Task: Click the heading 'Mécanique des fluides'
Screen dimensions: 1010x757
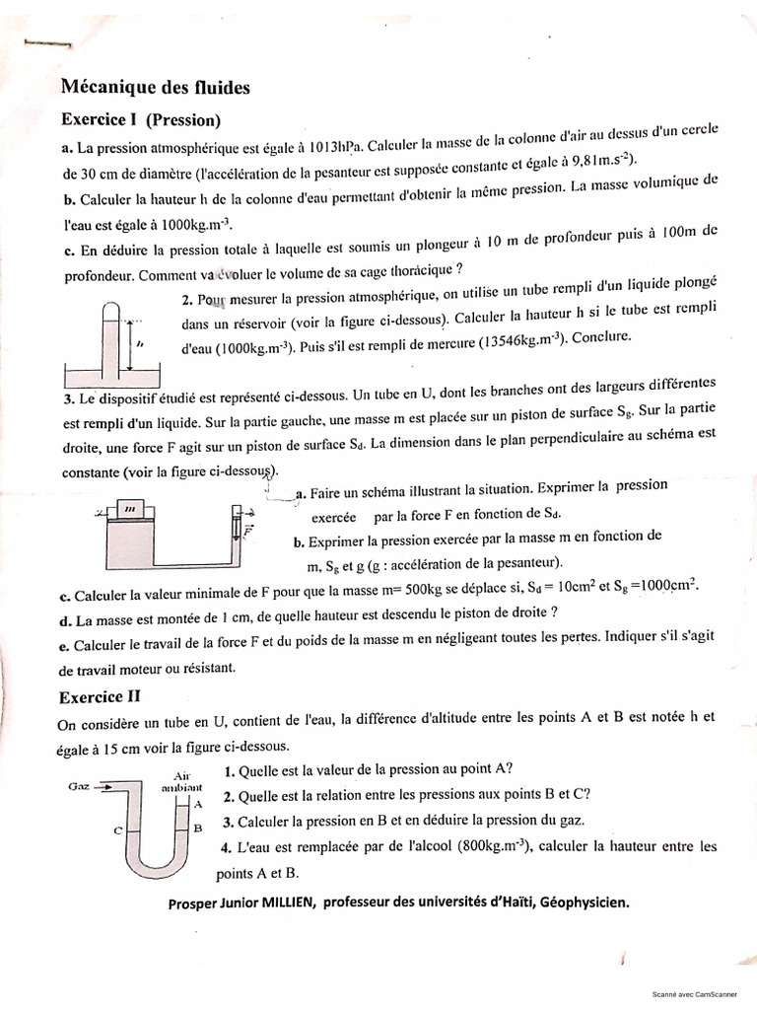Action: [x=156, y=88]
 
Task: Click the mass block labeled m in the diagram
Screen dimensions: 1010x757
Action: [x=129, y=508]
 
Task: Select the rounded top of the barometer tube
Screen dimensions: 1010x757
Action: [x=111, y=307]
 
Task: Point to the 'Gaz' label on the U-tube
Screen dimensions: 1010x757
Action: [x=80, y=786]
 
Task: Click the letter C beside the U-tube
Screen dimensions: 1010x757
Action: [x=117, y=830]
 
